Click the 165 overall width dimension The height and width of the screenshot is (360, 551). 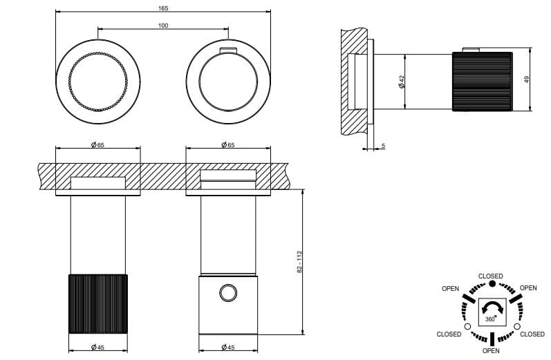pyautogui.click(x=162, y=8)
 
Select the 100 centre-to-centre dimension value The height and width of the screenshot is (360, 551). pyautogui.click(x=162, y=26)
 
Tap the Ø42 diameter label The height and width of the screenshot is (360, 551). pyautogui.click(x=401, y=81)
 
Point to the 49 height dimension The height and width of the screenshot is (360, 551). pyautogui.click(x=527, y=79)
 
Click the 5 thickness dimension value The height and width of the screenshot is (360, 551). pyautogui.click(x=382, y=146)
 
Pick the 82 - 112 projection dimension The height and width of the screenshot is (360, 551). pyautogui.click(x=300, y=261)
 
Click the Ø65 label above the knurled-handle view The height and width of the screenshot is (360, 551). pyautogui.click(x=97, y=144)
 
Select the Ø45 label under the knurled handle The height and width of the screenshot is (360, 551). pyautogui.click(x=97, y=347)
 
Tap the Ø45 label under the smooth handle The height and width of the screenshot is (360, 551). pyautogui.click(x=227, y=347)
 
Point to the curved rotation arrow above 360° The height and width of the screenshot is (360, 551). pyautogui.click(x=491, y=307)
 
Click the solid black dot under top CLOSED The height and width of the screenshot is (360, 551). pyautogui.click(x=491, y=284)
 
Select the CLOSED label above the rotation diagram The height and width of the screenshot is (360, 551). pyautogui.click(x=491, y=276)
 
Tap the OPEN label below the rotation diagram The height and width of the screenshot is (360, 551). pyautogui.click(x=491, y=350)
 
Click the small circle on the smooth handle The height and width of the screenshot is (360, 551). pyautogui.click(x=227, y=293)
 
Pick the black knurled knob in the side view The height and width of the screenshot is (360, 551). pyautogui.click(x=483, y=81)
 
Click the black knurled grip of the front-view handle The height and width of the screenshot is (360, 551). pyautogui.click(x=97, y=304)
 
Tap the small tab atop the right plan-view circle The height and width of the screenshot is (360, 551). pyautogui.click(x=227, y=50)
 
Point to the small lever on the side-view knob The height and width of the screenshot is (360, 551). pyautogui.click(x=471, y=49)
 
